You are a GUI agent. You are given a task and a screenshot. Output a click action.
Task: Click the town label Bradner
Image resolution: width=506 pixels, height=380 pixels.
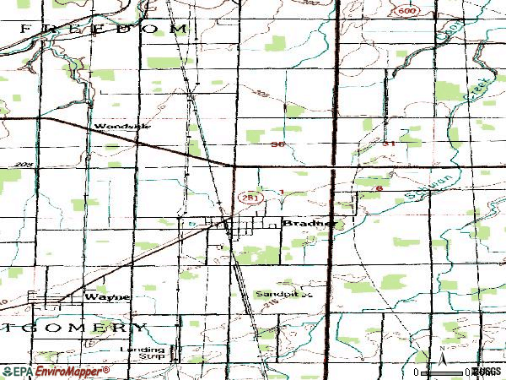coord(308,224)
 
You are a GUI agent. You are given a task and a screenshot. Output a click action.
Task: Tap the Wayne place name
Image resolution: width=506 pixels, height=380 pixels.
coord(109,297)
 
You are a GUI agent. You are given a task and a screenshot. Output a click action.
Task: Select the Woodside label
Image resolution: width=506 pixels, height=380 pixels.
coord(123,126)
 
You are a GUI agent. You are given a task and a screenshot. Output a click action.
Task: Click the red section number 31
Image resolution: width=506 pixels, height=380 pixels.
coord(390,144)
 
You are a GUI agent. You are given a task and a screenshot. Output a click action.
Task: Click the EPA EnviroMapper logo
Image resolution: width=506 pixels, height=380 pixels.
coord(56,372)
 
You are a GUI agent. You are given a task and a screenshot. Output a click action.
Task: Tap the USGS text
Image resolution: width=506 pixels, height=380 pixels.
coord(487,372)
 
